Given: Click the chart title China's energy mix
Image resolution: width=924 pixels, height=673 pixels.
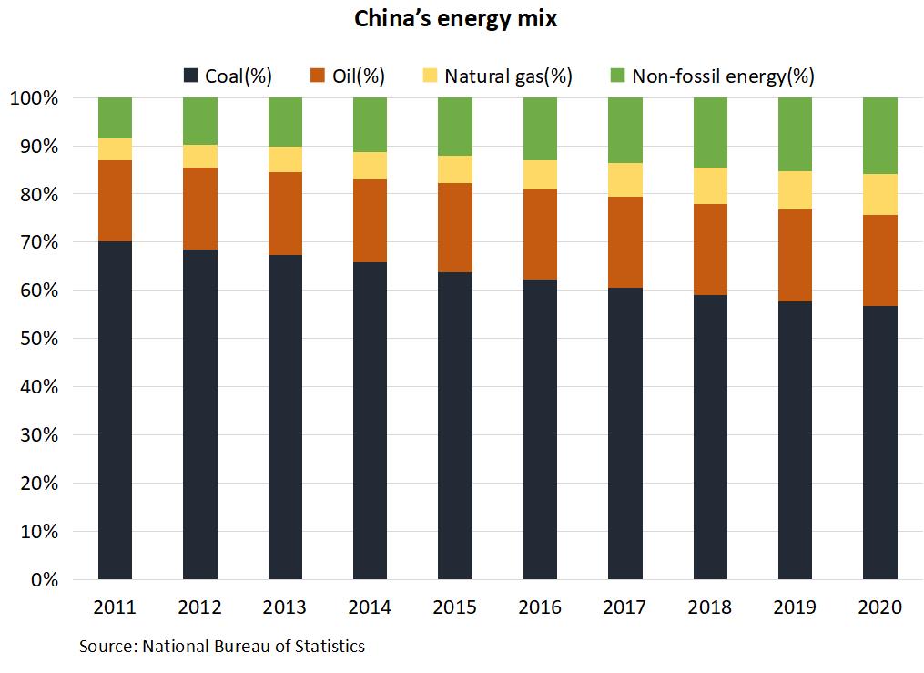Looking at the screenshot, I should coord(455,20).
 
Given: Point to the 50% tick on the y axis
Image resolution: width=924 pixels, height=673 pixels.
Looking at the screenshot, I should coord(36,339).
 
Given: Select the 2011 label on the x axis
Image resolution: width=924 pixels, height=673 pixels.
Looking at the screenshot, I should coord(115,607).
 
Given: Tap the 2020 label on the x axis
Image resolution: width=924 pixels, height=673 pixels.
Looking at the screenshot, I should coord(879,607).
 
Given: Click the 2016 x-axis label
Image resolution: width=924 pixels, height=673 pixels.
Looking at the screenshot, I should coord(540,607).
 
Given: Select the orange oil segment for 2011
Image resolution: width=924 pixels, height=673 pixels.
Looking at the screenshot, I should coord(115,200).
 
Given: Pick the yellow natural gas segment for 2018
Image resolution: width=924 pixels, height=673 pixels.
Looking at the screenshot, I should coord(710,186).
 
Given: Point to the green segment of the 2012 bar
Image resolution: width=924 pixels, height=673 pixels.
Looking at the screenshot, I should coord(200,120).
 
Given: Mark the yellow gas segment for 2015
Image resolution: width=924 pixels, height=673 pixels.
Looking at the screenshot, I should coord(455,169).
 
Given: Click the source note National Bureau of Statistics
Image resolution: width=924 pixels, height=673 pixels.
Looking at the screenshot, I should coord(222,647).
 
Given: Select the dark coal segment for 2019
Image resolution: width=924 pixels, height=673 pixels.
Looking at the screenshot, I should coord(795,440).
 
